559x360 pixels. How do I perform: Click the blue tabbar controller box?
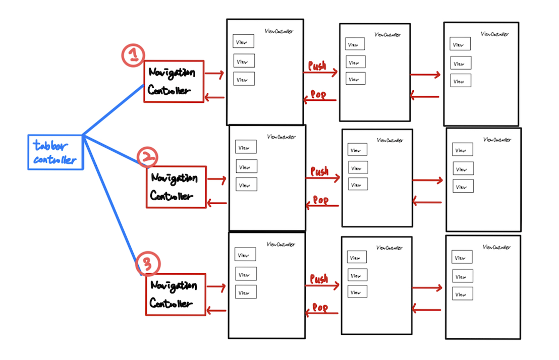(x=55, y=152)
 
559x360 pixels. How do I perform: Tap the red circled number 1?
(x=133, y=55)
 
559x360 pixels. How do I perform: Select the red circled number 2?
(x=147, y=158)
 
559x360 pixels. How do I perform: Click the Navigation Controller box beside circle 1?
(x=174, y=81)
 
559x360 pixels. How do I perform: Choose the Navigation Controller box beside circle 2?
(x=176, y=187)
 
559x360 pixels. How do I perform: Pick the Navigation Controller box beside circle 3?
(x=176, y=294)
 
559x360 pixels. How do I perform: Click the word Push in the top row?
(x=317, y=66)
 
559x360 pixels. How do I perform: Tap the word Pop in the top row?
(x=318, y=95)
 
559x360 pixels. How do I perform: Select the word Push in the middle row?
(x=319, y=172)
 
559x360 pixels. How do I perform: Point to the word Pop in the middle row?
(x=320, y=201)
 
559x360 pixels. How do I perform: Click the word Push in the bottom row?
(x=319, y=279)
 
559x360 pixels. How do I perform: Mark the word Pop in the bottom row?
(x=320, y=308)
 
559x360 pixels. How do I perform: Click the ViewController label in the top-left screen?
(x=278, y=31)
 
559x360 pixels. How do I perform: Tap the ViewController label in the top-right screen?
(x=494, y=34)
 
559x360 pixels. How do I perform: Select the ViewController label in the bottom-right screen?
(x=496, y=248)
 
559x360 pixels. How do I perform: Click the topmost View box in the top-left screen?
(x=243, y=42)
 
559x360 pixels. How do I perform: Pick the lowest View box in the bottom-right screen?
(x=462, y=294)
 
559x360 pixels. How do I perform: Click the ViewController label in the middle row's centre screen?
(x=389, y=141)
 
